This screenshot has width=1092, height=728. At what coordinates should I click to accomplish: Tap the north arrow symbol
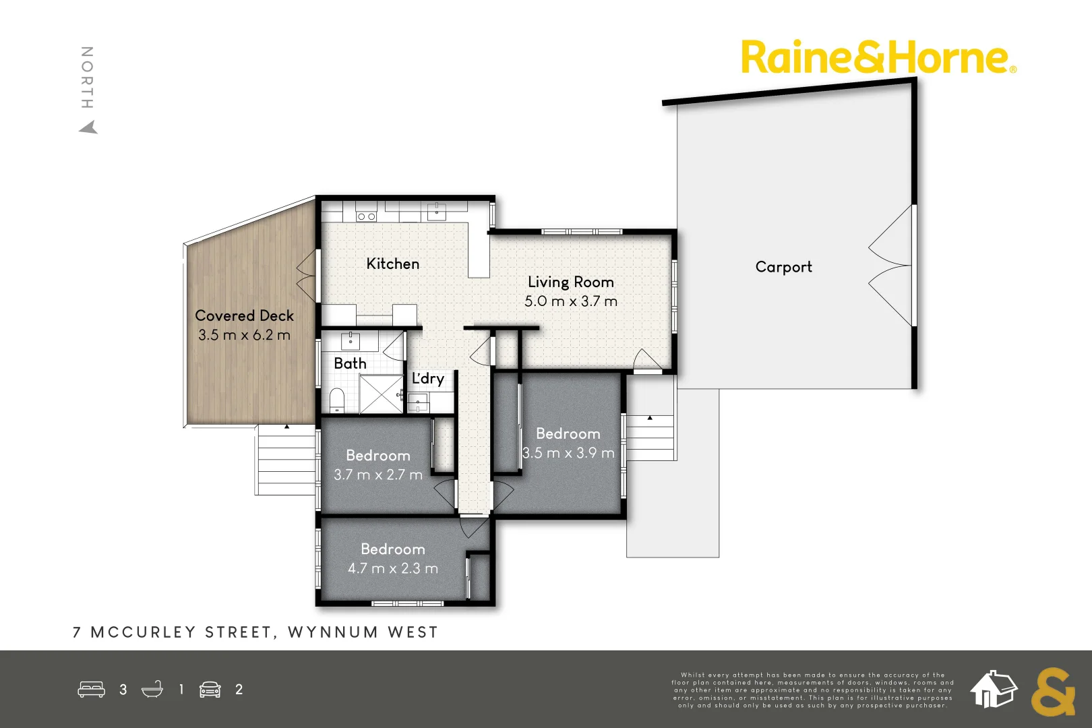click(88, 127)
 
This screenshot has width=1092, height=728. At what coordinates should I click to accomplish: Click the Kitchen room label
click(392, 264)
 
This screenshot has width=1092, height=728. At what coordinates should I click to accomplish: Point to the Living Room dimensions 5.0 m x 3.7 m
click(570, 301)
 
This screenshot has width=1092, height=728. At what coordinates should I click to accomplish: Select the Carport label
click(783, 267)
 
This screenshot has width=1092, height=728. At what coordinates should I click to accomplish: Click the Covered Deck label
click(244, 315)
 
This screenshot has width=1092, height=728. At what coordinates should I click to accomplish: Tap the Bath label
click(350, 363)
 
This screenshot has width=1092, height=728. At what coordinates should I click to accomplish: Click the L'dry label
click(428, 378)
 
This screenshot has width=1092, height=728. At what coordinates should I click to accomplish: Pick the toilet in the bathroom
click(337, 400)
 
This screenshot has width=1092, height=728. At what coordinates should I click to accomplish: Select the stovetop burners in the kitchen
click(366, 216)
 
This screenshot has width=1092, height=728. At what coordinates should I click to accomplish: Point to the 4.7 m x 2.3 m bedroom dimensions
click(392, 568)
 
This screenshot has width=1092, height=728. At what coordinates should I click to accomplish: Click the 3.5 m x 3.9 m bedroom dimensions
click(568, 453)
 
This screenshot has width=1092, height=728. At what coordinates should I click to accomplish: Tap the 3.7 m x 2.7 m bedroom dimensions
click(377, 475)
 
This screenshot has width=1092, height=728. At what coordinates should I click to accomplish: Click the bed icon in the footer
click(91, 690)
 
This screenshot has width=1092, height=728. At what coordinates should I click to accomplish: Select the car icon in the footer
click(210, 690)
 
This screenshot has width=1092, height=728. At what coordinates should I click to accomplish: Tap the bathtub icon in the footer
click(152, 690)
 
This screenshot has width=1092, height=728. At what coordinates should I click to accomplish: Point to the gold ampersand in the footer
click(1052, 692)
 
